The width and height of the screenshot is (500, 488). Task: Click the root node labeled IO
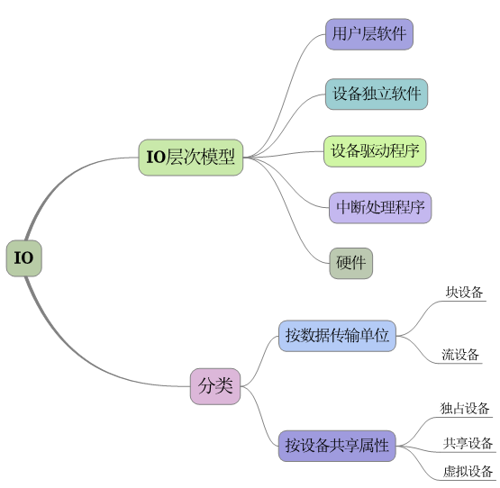tap(23, 258)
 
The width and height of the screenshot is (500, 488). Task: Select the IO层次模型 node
tap(191, 158)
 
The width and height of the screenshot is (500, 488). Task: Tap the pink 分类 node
tap(215, 386)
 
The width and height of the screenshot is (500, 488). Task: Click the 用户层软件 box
tap(368, 35)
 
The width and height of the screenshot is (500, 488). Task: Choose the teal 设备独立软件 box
tap(376, 94)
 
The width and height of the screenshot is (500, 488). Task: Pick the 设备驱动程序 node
tap(375, 150)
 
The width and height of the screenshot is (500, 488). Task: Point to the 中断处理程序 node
tap(379, 207)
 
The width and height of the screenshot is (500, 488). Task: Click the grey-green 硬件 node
tap(350, 263)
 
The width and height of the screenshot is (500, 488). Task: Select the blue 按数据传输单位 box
tap(337, 336)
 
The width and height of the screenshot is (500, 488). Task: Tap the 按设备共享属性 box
tap(337, 445)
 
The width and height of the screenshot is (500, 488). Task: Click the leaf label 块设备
tap(464, 293)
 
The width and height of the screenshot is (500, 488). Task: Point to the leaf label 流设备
tap(460, 355)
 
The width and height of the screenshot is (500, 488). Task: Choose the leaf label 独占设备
tap(465, 409)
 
